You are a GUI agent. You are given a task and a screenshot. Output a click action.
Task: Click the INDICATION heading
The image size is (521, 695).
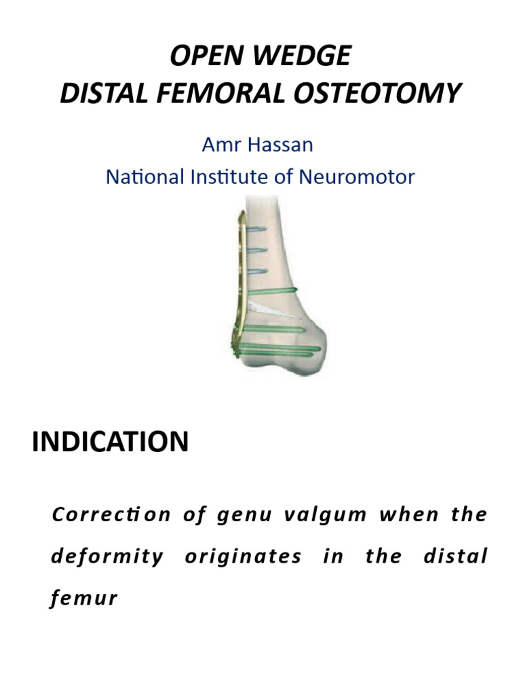point(110,442)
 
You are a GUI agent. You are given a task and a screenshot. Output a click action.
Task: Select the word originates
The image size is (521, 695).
point(243,557)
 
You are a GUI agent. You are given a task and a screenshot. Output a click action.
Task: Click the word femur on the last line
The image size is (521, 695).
point(84,599)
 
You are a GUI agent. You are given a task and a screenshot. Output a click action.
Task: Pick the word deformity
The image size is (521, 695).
point(107,557)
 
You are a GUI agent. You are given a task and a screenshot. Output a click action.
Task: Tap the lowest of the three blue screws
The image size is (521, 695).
point(258,271)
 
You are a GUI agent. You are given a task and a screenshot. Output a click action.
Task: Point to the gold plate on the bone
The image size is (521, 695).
point(239,285)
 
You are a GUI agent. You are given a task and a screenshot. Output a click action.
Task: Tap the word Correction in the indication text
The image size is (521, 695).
point(111,514)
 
